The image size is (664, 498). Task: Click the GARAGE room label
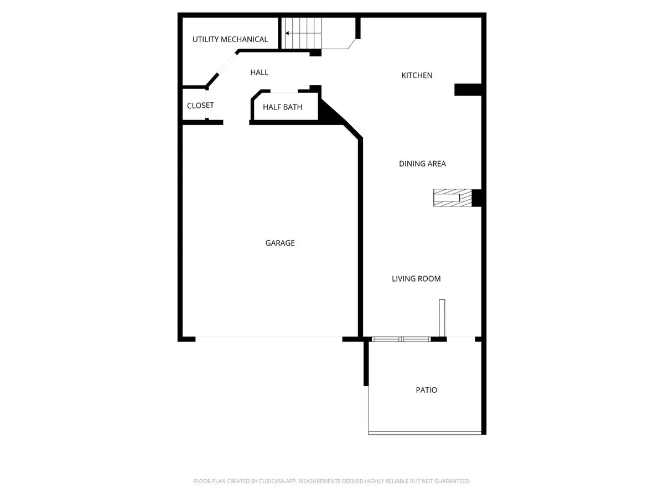click(280, 243)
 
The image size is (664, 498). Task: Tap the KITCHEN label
click(417, 75)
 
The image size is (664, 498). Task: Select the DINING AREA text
click(422, 164)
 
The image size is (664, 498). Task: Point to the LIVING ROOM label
click(416, 279)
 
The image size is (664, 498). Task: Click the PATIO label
click(426, 390)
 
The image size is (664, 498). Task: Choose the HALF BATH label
click(282, 107)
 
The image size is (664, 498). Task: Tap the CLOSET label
click(200, 106)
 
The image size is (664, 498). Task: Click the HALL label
click(259, 72)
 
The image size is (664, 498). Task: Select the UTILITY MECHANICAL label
click(230, 39)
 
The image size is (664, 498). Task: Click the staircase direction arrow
click(288, 33)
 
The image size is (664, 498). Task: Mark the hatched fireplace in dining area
click(452, 198)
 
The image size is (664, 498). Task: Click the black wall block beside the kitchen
click(469, 89)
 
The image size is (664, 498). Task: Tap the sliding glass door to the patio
click(401, 339)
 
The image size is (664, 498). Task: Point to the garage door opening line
click(269, 337)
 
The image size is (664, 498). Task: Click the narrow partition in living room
click(442, 318)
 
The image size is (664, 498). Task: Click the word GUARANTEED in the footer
click(450, 481)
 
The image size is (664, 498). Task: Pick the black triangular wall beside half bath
click(331, 115)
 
